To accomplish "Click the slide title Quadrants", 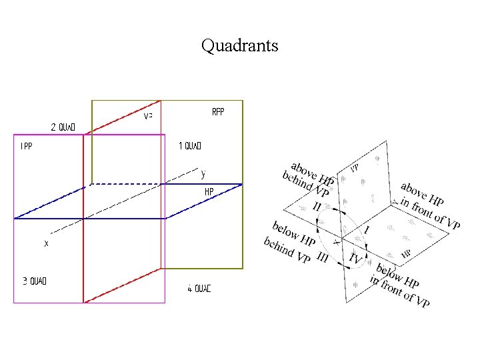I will pos(239,46).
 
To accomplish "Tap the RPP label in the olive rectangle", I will pos(218,112).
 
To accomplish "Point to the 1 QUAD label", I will pos(190,146).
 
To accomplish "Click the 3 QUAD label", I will pos(34,281).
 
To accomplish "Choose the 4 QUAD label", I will pos(199,289).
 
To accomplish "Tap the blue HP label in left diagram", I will pos(209,192).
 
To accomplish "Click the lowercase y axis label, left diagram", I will pos(203,173).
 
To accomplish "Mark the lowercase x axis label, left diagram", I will pos(46,244).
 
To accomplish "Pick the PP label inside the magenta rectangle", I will pos(27,145).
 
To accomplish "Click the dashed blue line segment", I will pos(127,183).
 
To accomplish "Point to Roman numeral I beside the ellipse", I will pos(367,229).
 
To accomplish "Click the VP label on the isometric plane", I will pos(355,167).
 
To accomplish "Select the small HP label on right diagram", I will pos(405,253).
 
